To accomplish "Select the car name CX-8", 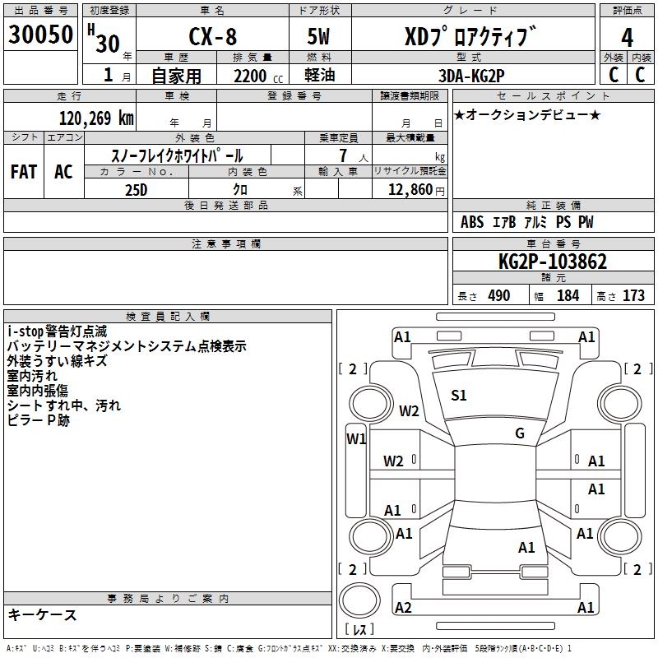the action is pyautogui.click(x=212, y=39).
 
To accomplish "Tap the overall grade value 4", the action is pyautogui.click(x=628, y=39).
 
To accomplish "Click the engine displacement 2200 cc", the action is pyautogui.click(x=250, y=76).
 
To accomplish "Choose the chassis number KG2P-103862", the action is pyautogui.click(x=553, y=262).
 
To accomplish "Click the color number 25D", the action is pyautogui.click(x=136, y=189).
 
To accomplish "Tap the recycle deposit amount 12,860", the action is pyautogui.click(x=408, y=189).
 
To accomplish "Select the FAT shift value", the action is pyautogui.click(x=24, y=172).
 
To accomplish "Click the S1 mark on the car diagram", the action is pyautogui.click(x=459, y=395).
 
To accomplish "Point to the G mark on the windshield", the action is pyautogui.click(x=519, y=433).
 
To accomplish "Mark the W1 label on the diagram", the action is pyautogui.click(x=356, y=438).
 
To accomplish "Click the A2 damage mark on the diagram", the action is pyautogui.click(x=403, y=607).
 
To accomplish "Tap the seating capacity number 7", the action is pyautogui.click(x=341, y=155).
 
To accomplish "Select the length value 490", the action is pyautogui.click(x=498, y=295).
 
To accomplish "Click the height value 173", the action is pyautogui.click(x=633, y=295).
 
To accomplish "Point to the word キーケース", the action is pyautogui.click(x=43, y=615).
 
